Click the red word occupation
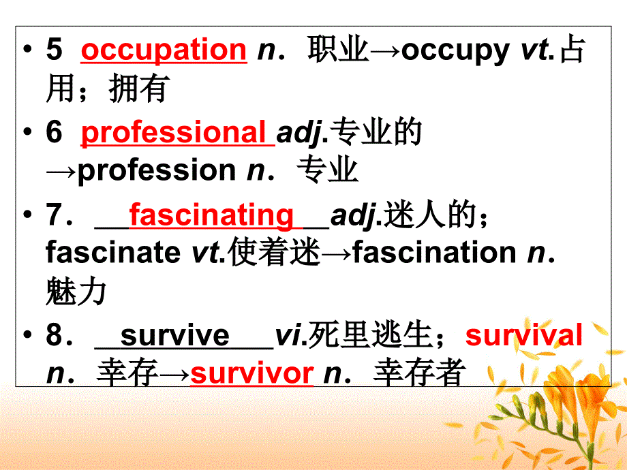164,50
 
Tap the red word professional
174,133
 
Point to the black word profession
156,170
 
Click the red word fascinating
211,215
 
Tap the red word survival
523,336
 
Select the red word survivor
251,373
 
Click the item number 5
54,51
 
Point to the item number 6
54,133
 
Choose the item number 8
54,336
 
